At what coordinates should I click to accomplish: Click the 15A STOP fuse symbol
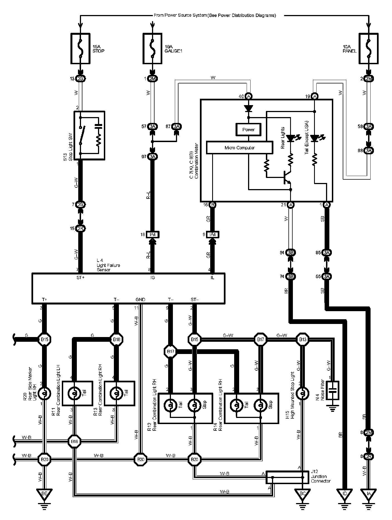point(80,49)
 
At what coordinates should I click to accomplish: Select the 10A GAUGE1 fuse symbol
point(152,49)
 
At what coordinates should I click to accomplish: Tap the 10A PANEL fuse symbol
point(369,49)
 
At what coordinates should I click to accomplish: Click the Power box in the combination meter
point(248,130)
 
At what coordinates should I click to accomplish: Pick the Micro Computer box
point(239,148)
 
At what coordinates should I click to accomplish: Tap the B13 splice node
point(302,340)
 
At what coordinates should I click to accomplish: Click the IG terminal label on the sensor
point(152,278)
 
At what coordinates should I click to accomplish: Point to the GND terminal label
point(140,299)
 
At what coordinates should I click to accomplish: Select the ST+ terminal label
point(80,278)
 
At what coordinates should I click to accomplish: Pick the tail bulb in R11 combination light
point(74,393)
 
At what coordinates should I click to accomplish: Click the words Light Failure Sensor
point(108,265)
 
